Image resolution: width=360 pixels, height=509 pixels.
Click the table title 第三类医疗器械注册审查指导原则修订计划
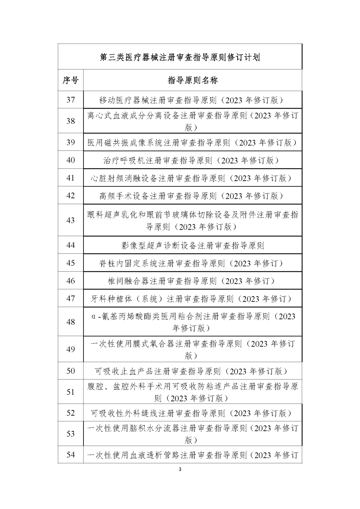[x=180, y=57]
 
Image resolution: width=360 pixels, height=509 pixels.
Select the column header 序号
[x=71, y=80]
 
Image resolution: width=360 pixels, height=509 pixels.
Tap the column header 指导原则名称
[x=193, y=80]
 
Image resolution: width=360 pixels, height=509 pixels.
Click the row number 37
[x=71, y=100]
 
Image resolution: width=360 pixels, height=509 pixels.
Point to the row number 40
[x=71, y=160]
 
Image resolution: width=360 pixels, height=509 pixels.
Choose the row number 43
[x=71, y=220]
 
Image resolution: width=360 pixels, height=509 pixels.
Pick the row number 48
[x=71, y=322]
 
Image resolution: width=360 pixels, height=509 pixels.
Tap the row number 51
[x=71, y=392]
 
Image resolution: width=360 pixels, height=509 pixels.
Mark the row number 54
[x=71, y=455]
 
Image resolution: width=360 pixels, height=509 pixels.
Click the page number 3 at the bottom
[x=180, y=469]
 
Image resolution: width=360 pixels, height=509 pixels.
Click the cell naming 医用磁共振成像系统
[x=193, y=143]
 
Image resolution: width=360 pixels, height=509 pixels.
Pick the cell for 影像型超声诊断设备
[x=193, y=246]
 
